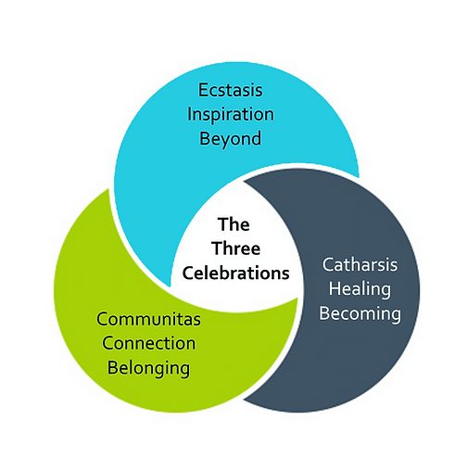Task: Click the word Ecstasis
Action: [x=230, y=90]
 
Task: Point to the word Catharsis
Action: [x=360, y=265]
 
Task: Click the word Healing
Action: [x=360, y=290]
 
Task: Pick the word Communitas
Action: [x=148, y=319]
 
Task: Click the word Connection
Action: [x=149, y=343]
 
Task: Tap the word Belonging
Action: [x=148, y=369]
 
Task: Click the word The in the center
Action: [x=234, y=224]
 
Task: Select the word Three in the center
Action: [x=236, y=248]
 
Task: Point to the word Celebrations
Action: [x=235, y=273]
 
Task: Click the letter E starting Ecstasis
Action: [x=203, y=90]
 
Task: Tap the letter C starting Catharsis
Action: [x=328, y=265]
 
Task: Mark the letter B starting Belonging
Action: [x=113, y=368]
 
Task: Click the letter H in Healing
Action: [x=335, y=288]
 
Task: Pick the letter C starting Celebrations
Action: [x=188, y=274]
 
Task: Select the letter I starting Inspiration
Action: [x=190, y=114]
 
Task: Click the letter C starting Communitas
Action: [x=103, y=319]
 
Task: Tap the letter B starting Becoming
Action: [x=324, y=313]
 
